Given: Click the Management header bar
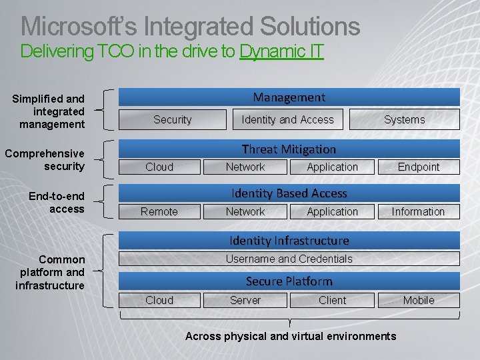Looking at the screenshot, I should tap(289, 97).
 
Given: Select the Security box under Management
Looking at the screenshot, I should tap(173, 119).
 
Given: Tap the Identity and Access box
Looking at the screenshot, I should tap(287, 119).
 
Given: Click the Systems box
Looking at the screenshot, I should tap(404, 119).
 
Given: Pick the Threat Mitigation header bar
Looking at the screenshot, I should tap(289, 149).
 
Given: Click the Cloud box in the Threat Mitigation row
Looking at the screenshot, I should tap(159, 167).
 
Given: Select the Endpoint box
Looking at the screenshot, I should tap(419, 167).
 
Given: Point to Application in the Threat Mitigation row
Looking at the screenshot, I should tap(332, 167).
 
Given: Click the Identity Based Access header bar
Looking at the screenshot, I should tap(289, 193).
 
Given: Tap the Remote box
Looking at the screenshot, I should tap(159, 211).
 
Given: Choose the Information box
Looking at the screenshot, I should tap(418, 211).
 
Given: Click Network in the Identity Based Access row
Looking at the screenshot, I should tap(245, 211).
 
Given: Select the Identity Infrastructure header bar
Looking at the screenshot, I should tap(289, 240).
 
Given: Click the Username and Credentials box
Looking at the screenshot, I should tap(289, 259).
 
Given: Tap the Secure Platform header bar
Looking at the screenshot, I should tap(289, 281).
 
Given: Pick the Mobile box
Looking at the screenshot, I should tap(419, 300).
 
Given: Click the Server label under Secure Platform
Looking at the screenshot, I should tap(245, 300).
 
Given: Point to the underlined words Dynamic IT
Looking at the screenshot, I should tap(281, 51).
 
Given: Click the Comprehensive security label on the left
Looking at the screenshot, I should tap(45, 160).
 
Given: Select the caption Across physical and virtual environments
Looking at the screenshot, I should tap(291, 336).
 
